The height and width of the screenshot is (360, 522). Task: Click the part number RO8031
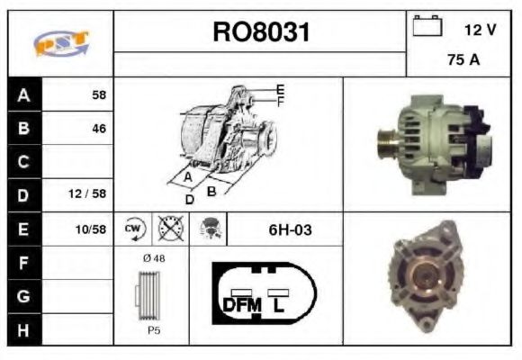pyautogui.click(x=260, y=33)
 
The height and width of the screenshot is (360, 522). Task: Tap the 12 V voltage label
pyautogui.click(x=480, y=30)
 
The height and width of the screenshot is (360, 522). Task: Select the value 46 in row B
pyautogui.click(x=98, y=129)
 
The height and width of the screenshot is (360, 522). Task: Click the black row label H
pyautogui.click(x=23, y=329)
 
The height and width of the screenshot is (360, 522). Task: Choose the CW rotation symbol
pyautogui.click(x=133, y=229)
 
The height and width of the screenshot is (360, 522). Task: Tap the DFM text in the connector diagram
pyautogui.click(x=240, y=305)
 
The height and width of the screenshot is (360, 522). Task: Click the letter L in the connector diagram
pyautogui.click(x=279, y=305)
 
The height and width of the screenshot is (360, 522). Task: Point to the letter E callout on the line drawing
pyautogui.click(x=280, y=89)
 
